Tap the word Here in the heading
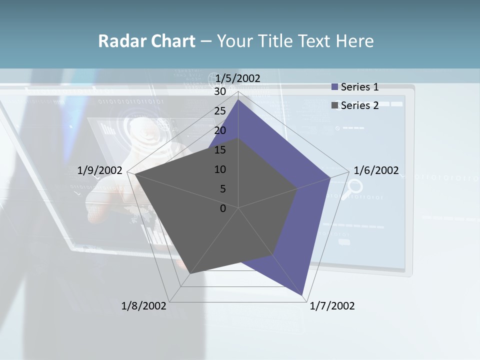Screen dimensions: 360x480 tap(354, 41)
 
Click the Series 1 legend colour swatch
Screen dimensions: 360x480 tap(335, 87)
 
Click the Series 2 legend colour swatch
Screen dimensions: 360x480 tap(335, 105)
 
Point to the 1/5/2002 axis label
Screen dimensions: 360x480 tap(238, 78)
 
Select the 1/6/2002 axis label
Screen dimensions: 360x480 tap(376, 170)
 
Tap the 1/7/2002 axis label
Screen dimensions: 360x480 tap(332, 306)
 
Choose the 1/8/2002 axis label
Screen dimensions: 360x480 tap(144, 306)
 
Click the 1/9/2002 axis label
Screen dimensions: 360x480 tap(100, 170)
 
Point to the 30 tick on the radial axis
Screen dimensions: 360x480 tap(220, 91)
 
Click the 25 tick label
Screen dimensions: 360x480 tap(220, 111)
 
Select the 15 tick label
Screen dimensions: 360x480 tap(220, 150)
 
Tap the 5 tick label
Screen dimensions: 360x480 tap(223, 189)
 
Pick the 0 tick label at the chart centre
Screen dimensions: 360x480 tap(223, 208)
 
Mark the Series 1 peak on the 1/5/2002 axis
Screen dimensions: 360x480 tap(238, 100)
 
